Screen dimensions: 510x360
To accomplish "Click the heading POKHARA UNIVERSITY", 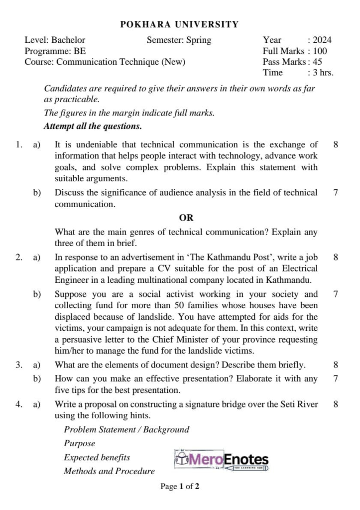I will point(180,24).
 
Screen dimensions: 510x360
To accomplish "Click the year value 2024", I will point(322,40).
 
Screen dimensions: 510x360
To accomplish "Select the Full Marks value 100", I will point(320,51).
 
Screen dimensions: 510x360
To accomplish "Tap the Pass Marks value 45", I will point(317,62).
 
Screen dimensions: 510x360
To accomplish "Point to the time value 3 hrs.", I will point(323,73).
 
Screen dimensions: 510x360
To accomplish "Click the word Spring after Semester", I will point(198,40).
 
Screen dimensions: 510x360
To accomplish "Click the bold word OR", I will point(186,218).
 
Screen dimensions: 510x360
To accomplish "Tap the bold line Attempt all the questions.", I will point(93,127).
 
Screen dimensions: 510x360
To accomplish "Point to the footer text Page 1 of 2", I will point(180,487).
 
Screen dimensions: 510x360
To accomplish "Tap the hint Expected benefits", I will point(97,457).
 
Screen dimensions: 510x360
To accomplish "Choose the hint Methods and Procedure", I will point(109,471).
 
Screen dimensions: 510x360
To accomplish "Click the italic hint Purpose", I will point(79,443).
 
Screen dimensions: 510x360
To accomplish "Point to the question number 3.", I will point(18,365).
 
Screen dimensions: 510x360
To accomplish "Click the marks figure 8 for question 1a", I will point(336,145).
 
